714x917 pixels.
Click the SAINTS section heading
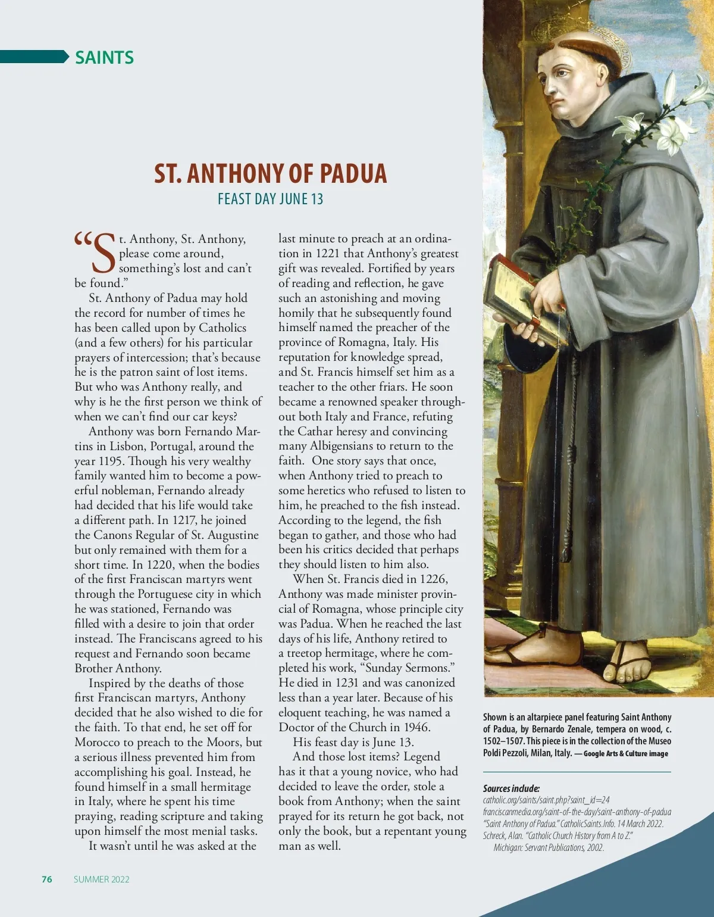click(104, 58)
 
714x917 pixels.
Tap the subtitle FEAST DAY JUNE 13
click(270, 199)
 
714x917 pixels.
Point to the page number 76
click(47, 879)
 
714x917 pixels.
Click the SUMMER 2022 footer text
click(102, 879)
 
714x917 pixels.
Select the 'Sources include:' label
click(511, 788)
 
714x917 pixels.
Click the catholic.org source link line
click(546, 800)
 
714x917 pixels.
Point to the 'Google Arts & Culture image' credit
click(626, 754)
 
